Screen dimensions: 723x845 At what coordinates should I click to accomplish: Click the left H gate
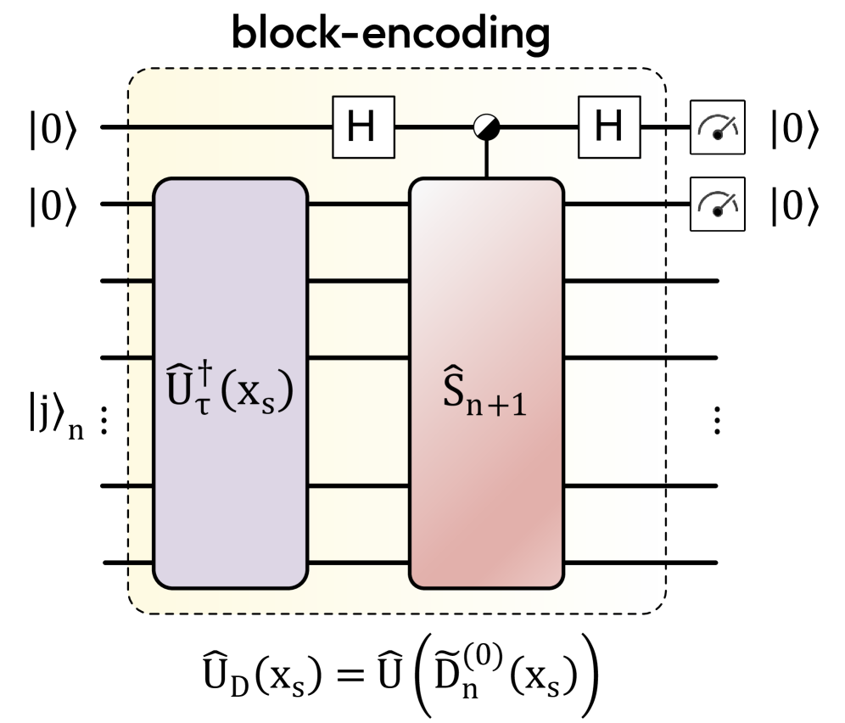tap(363, 127)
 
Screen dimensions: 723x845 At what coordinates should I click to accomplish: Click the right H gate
tap(608, 127)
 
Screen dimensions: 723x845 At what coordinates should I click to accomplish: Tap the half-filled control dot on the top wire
tap(487, 127)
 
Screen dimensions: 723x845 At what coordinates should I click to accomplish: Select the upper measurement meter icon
tap(717, 127)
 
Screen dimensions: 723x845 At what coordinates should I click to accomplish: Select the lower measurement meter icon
tap(717, 204)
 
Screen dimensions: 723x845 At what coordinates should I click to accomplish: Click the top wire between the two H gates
tap(433, 127)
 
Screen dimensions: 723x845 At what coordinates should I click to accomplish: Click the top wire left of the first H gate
tap(229, 127)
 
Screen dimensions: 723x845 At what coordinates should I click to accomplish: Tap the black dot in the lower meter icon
tap(718, 211)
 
